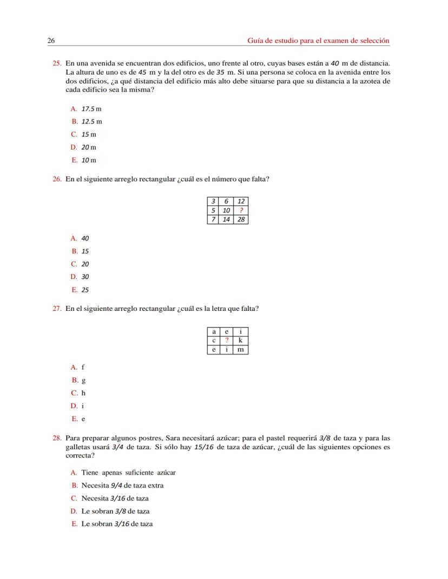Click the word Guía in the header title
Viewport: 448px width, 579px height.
pos(255,41)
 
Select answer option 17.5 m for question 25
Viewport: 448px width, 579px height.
pos(91,109)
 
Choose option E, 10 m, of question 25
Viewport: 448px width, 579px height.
pos(89,160)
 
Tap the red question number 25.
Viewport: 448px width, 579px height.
pos(57,64)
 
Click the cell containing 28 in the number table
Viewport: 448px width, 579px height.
pos(241,219)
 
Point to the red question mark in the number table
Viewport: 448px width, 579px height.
pos(241,210)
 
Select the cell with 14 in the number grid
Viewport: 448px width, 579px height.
pos(227,219)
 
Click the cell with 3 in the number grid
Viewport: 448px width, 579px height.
pos(213,201)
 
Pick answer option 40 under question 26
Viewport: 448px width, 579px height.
pos(85,238)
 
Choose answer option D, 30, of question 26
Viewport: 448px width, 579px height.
pos(85,277)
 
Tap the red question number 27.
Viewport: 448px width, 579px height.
pos(57,309)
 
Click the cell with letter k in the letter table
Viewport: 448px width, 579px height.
pos(240,341)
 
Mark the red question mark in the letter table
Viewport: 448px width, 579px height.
pos(227,341)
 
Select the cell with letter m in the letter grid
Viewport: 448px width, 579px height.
pos(240,350)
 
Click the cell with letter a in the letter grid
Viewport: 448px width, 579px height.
pos(214,331)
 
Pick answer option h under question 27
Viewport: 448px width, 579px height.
pos(83,393)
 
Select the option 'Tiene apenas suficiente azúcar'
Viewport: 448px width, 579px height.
pos(128,472)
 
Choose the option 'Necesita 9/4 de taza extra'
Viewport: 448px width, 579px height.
pos(122,485)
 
